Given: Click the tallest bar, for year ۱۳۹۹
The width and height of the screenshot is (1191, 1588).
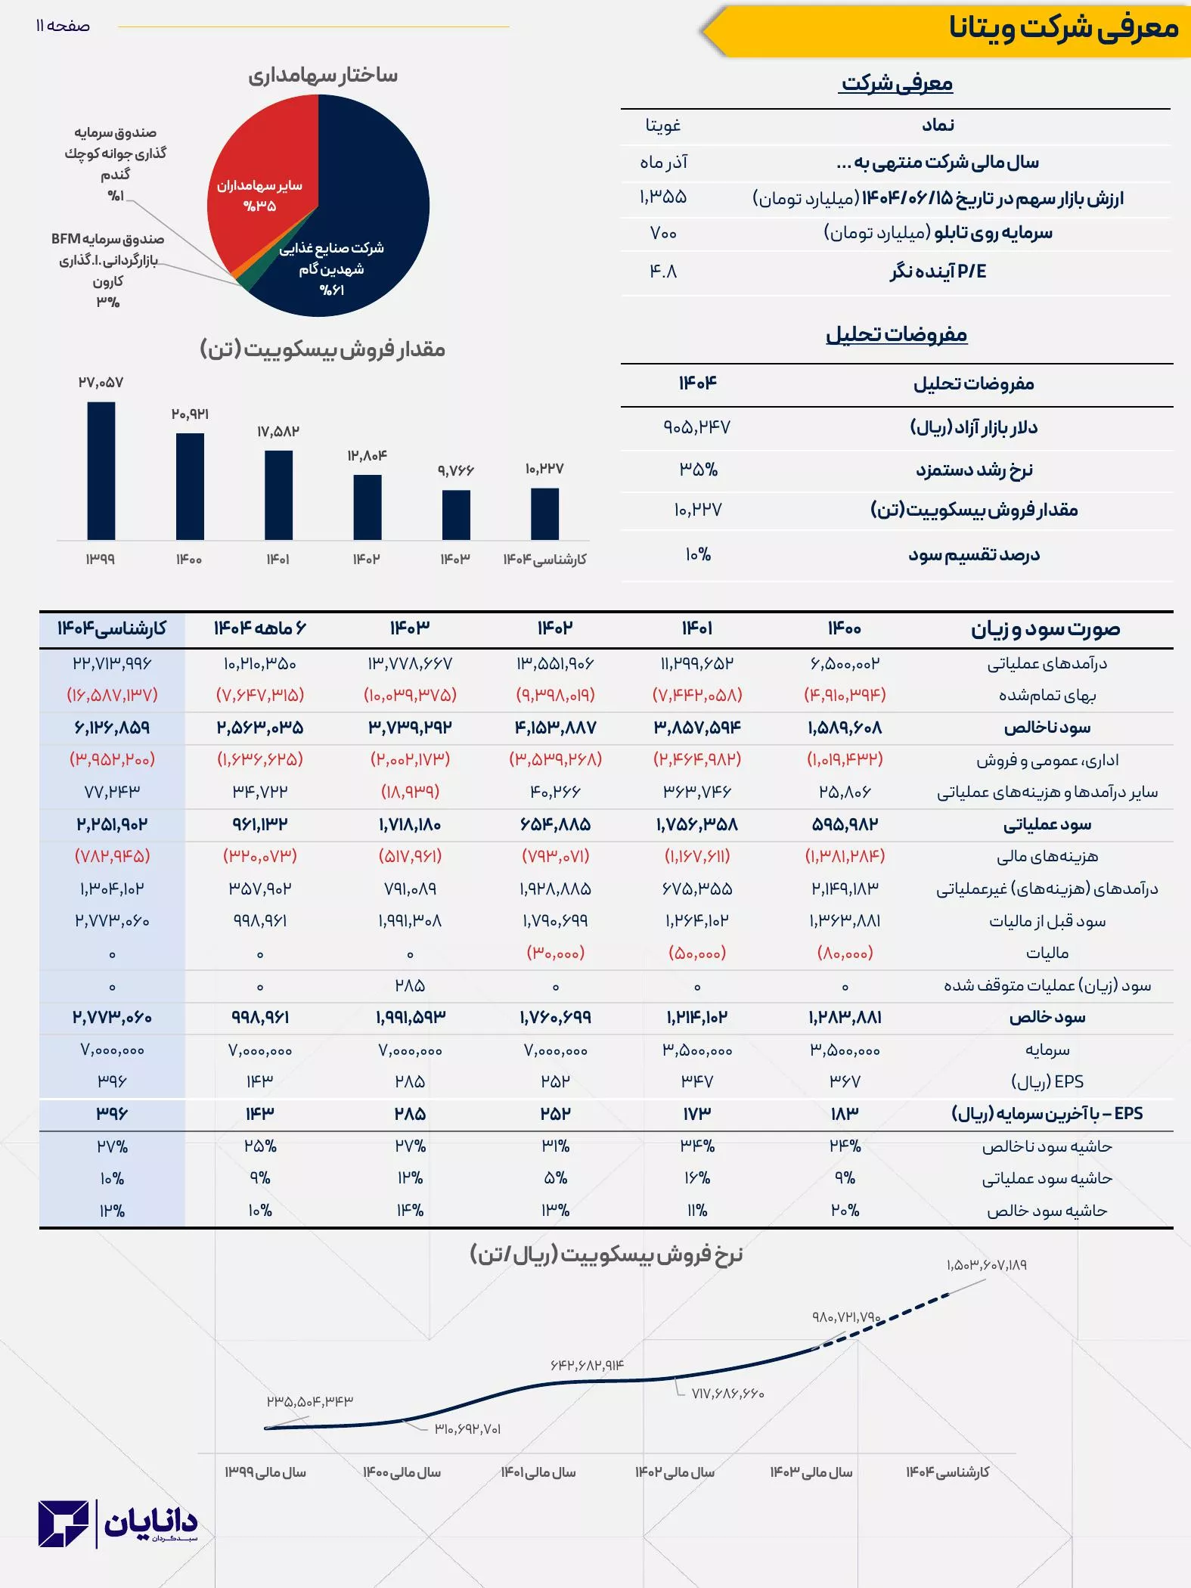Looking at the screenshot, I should click(x=101, y=470).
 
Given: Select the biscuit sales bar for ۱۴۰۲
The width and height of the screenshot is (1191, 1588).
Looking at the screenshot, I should click(x=368, y=507).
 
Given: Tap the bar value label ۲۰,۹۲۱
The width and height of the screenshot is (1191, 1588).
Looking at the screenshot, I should click(x=190, y=414).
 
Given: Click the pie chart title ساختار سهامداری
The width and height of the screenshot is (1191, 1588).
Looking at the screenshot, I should click(x=323, y=75).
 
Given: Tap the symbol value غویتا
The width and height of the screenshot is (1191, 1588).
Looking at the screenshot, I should click(x=663, y=126).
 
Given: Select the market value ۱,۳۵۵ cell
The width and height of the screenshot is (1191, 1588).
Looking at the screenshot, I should click(x=663, y=197).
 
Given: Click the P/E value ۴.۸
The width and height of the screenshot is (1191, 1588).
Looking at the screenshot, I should click(x=663, y=271).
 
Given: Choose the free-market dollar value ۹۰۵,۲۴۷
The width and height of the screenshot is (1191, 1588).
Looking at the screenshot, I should click(x=696, y=427).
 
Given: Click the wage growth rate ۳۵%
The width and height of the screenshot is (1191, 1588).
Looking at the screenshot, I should click(x=698, y=470).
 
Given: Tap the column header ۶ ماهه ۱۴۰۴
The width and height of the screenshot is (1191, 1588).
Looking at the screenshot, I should click(x=259, y=628).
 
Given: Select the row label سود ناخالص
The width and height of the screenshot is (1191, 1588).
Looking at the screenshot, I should click(x=1047, y=727).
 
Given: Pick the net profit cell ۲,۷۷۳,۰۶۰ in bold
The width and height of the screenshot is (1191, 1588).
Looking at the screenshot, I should click(x=112, y=1018).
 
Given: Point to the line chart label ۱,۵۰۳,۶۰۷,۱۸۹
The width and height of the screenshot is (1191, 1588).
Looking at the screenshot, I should click(x=986, y=1265).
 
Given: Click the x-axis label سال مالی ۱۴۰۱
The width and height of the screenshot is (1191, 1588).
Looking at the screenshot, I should click(x=538, y=1472).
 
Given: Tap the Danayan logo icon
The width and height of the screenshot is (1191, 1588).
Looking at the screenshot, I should click(x=64, y=1524).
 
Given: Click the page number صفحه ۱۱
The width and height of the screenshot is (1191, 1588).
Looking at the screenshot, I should click(x=63, y=26).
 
